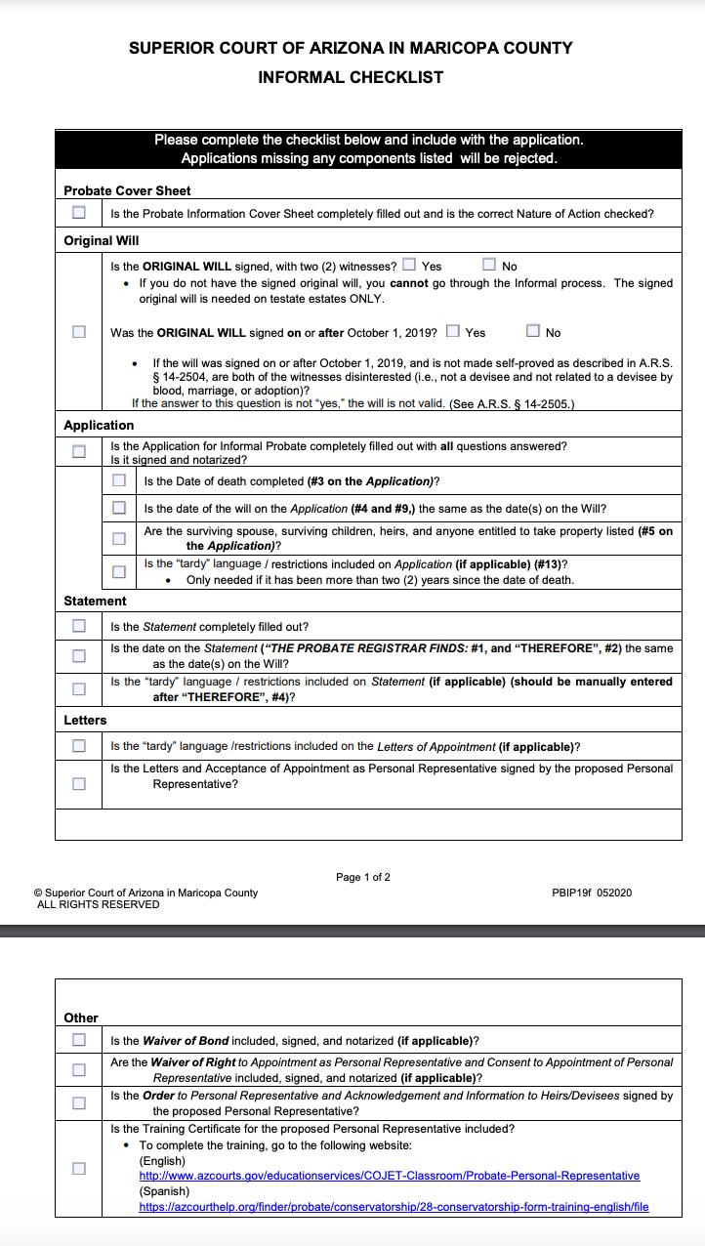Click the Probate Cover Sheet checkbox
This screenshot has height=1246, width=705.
(x=78, y=213)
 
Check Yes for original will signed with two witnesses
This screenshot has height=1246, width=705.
(x=409, y=265)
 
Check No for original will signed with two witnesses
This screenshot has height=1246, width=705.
(x=489, y=265)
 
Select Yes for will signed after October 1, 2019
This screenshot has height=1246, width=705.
(x=452, y=331)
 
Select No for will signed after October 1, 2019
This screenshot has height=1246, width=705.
(x=533, y=331)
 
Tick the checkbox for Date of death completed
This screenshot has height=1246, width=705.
(x=118, y=480)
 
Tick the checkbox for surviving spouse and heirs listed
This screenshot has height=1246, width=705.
(x=118, y=538)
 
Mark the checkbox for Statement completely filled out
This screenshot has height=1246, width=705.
(x=78, y=626)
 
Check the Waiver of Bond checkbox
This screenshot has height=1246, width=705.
(x=78, y=1040)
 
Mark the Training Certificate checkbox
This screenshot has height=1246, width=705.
(x=78, y=1168)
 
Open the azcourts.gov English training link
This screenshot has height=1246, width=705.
(x=389, y=1176)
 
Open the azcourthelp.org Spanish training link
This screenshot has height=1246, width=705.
(x=394, y=1207)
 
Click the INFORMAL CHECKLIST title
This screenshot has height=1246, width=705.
(x=351, y=77)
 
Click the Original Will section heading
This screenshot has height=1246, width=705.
(x=102, y=240)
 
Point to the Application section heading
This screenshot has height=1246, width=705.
(x=99, y=425)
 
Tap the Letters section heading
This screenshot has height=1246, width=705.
(x=85, y=720)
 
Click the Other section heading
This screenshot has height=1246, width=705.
(x=81, y=1018)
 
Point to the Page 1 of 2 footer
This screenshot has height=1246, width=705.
(x=362, y=877)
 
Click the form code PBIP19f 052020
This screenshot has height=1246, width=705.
(x=592, y=893)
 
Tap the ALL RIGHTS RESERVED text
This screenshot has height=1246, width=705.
(x=98, y=904)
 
